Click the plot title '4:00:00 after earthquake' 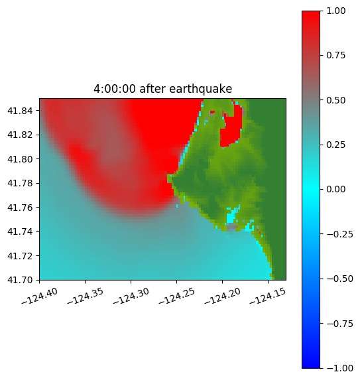(163, 89)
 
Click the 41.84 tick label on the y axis (20, 111)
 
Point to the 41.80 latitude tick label (20, 159)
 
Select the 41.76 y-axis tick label (20, 208)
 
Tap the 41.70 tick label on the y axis (20, 280)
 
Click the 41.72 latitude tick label (20, 256)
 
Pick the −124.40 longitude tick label (40, 296)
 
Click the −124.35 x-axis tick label (85, 296)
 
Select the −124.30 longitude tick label (131, 296)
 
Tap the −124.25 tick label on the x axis (176, 296)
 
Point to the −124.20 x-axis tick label (222, 296)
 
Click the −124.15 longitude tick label (268, 296)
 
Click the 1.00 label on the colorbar (335, 11)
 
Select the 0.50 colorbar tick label (335, 100)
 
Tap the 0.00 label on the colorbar (335, 189)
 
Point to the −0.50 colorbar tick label (339, 279)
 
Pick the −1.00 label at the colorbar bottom (339, 368)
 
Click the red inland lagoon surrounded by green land (231, 129)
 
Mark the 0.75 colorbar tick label (335, 56)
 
